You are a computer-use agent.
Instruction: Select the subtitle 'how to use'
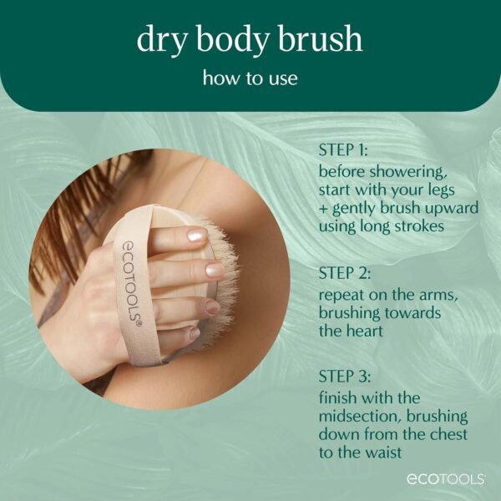click(250, 79)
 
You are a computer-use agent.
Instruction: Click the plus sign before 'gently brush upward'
click(323, 208)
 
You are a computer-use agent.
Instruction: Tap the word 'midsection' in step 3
click(356, 415)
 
